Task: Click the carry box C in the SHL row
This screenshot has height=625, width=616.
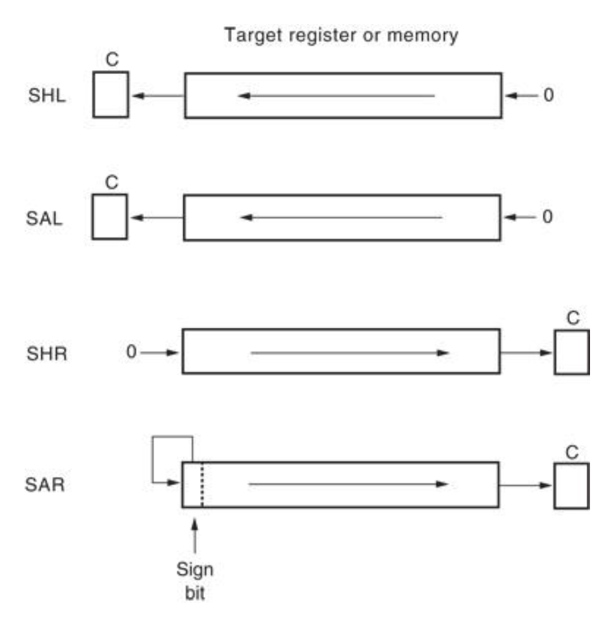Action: pos(110,95)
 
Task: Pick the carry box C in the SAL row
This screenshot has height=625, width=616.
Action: pos(110,217)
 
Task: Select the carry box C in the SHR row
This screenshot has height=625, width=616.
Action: pos(571,351)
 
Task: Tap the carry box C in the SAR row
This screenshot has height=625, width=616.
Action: pos(571,484)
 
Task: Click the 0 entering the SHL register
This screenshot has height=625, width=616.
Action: pos(548,96)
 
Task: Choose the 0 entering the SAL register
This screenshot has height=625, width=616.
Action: pos(548,217)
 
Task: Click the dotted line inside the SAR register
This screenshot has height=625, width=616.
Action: pos(201,484)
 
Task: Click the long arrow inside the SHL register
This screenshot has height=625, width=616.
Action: pos(337,96)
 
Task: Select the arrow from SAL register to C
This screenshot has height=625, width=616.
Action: pos(156,217)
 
